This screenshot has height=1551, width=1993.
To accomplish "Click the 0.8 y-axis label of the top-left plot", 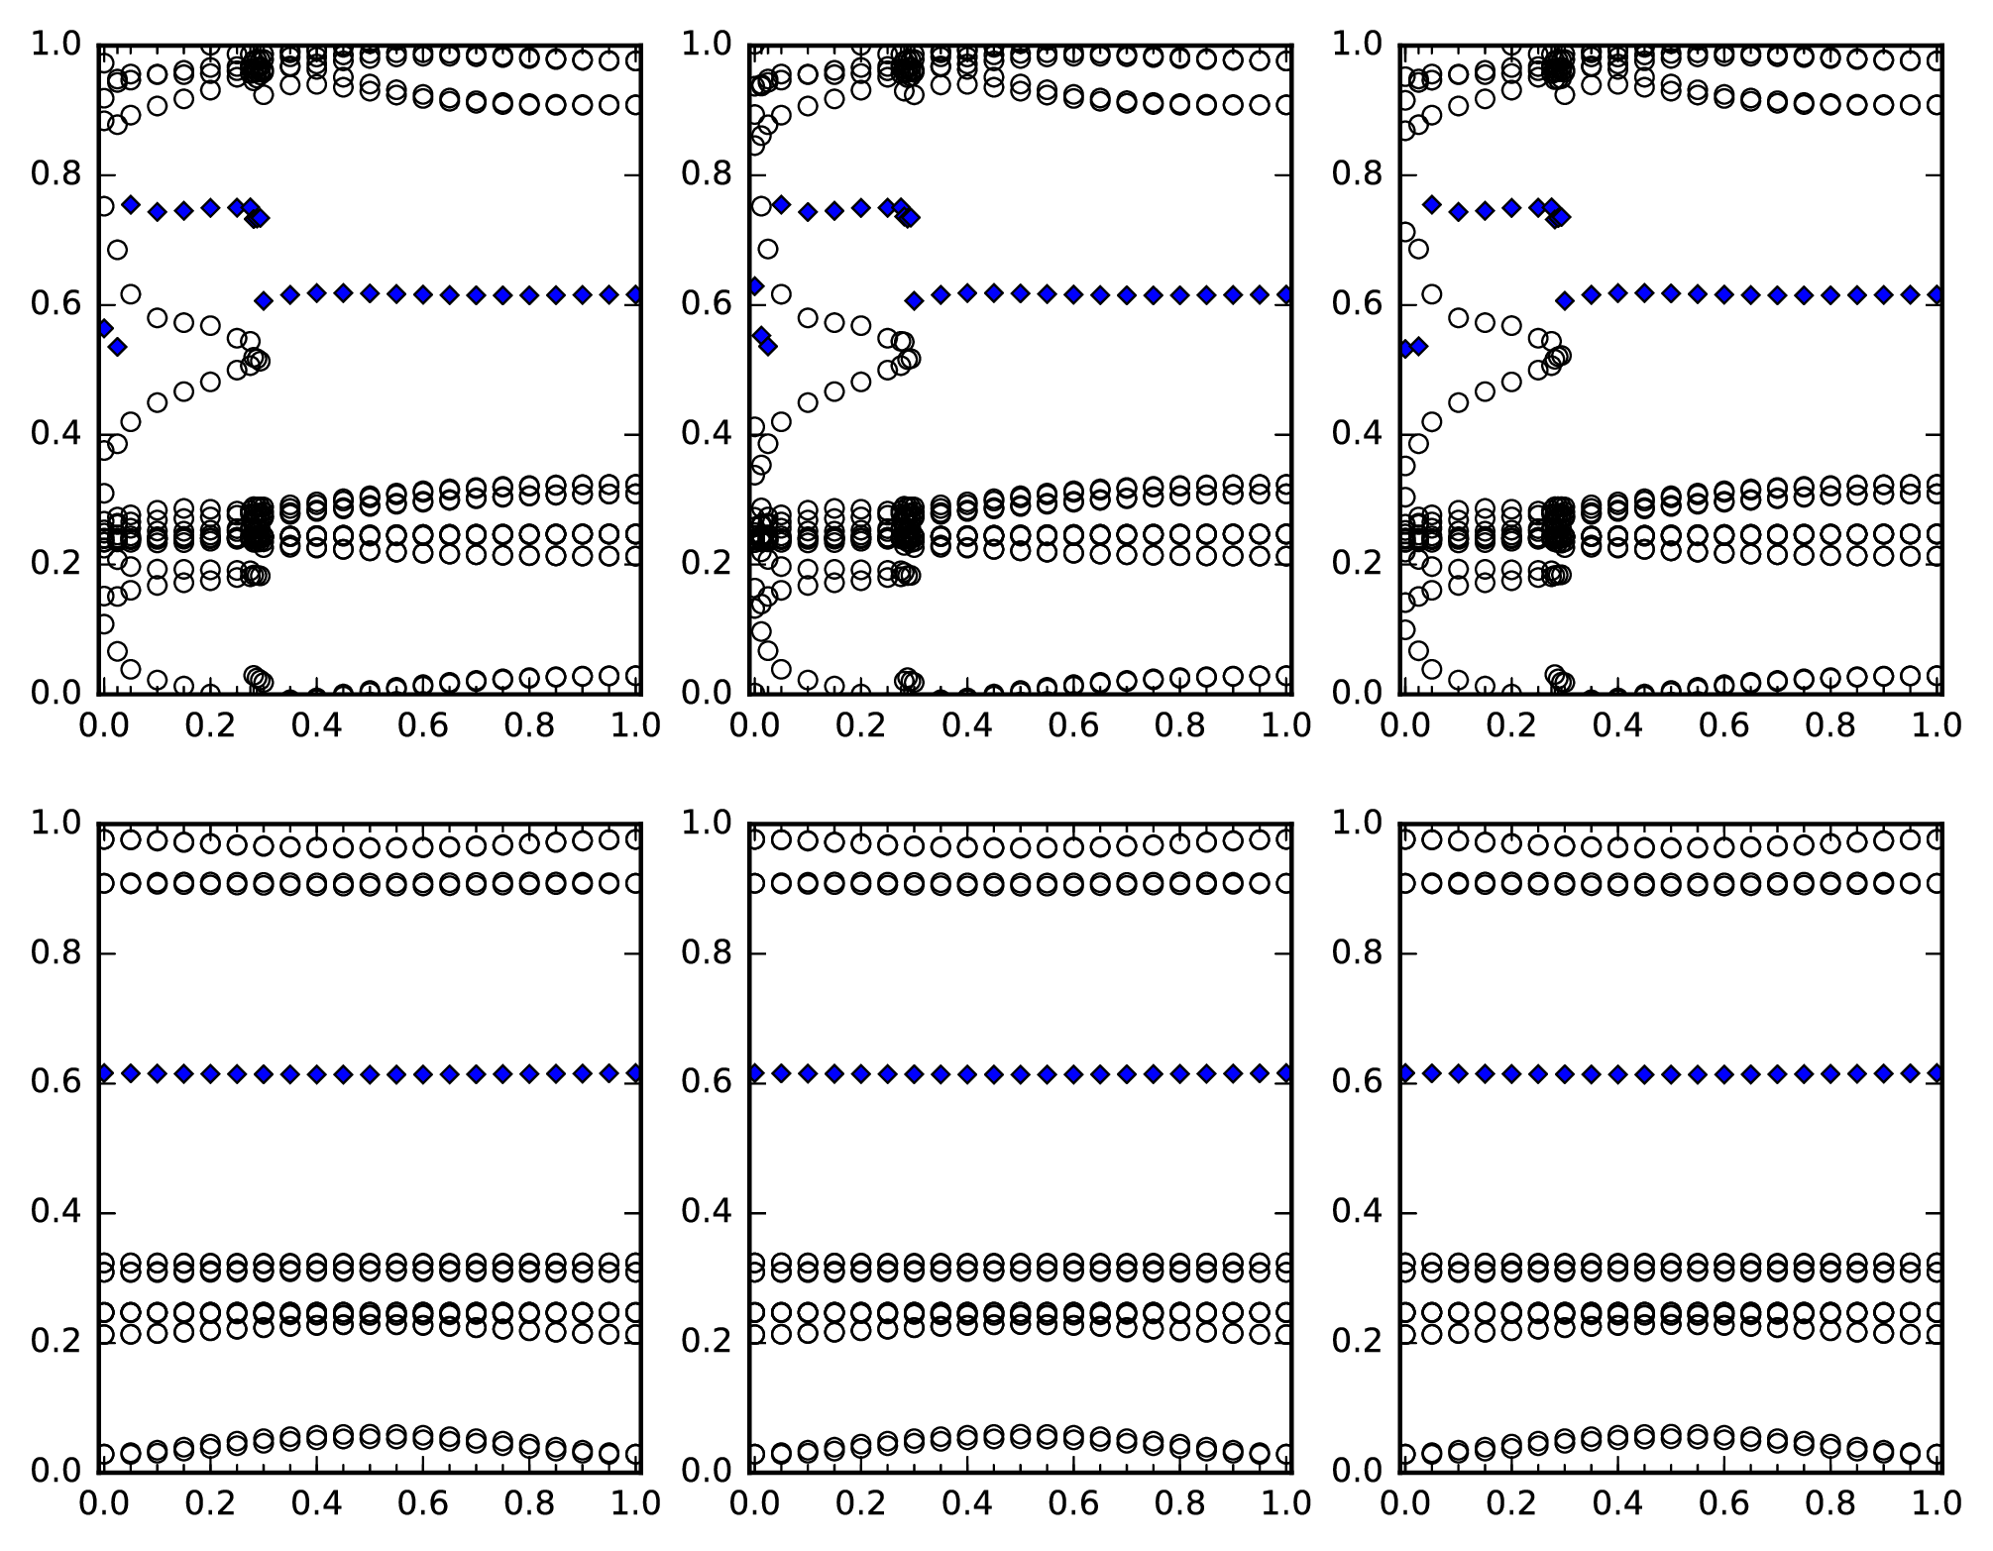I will pos(55,175).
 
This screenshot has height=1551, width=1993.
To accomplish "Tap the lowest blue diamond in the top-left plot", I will pos(117,347).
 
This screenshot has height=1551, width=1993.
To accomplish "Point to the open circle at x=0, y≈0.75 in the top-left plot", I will pos(104,206).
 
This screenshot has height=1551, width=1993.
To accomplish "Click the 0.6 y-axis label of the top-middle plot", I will pos(706,304).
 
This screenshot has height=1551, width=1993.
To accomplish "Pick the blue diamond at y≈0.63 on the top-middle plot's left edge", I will pos(754,286).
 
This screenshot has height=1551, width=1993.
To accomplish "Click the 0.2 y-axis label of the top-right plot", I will pos(1356,563).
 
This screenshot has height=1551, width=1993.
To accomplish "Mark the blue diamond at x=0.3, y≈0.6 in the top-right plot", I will pos(1565,300).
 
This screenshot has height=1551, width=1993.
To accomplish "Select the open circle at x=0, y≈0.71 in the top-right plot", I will pos(1405,232).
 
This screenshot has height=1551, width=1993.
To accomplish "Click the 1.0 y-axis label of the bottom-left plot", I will pos(55,824).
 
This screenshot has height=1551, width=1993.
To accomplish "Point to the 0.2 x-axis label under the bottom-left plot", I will pos(209,1503).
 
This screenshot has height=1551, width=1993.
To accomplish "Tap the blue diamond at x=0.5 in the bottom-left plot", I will pos(370,1074).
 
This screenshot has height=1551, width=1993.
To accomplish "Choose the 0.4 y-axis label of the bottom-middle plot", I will pos(706,1212).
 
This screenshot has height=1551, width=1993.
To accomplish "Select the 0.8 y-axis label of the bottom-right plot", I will pos(1356,953).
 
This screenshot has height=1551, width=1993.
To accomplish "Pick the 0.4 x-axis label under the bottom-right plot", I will pos(1616,1503).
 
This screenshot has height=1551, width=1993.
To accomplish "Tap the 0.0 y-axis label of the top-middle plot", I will pos(706,692).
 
